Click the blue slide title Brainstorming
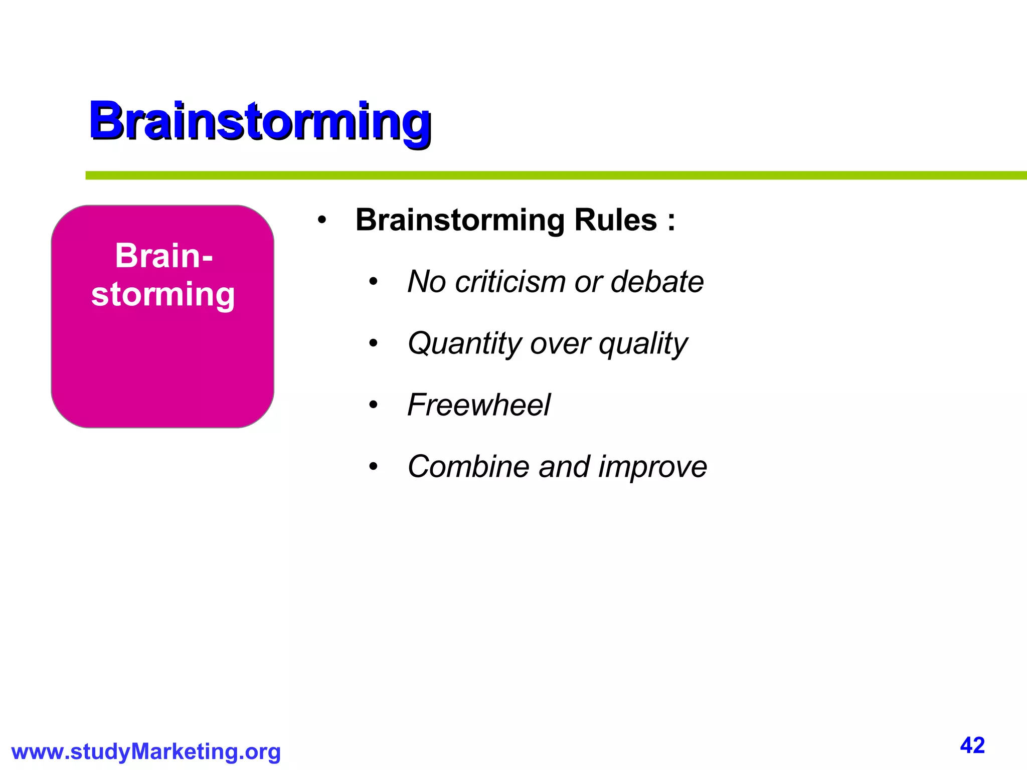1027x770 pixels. (260, 121)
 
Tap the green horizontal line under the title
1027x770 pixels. (552, 175)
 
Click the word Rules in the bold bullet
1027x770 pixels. (615, 220)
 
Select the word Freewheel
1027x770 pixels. (478, 405)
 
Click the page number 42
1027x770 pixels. (972, 745)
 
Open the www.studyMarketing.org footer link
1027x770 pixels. (146, 752)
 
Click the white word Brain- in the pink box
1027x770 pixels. (163, 256)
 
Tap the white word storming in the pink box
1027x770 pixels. (163, 294)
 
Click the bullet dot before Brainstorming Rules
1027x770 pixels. (322, 221)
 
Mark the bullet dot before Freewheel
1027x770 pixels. (373, 406)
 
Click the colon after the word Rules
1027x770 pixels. (671, 221)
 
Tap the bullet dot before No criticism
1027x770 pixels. (373, 282)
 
